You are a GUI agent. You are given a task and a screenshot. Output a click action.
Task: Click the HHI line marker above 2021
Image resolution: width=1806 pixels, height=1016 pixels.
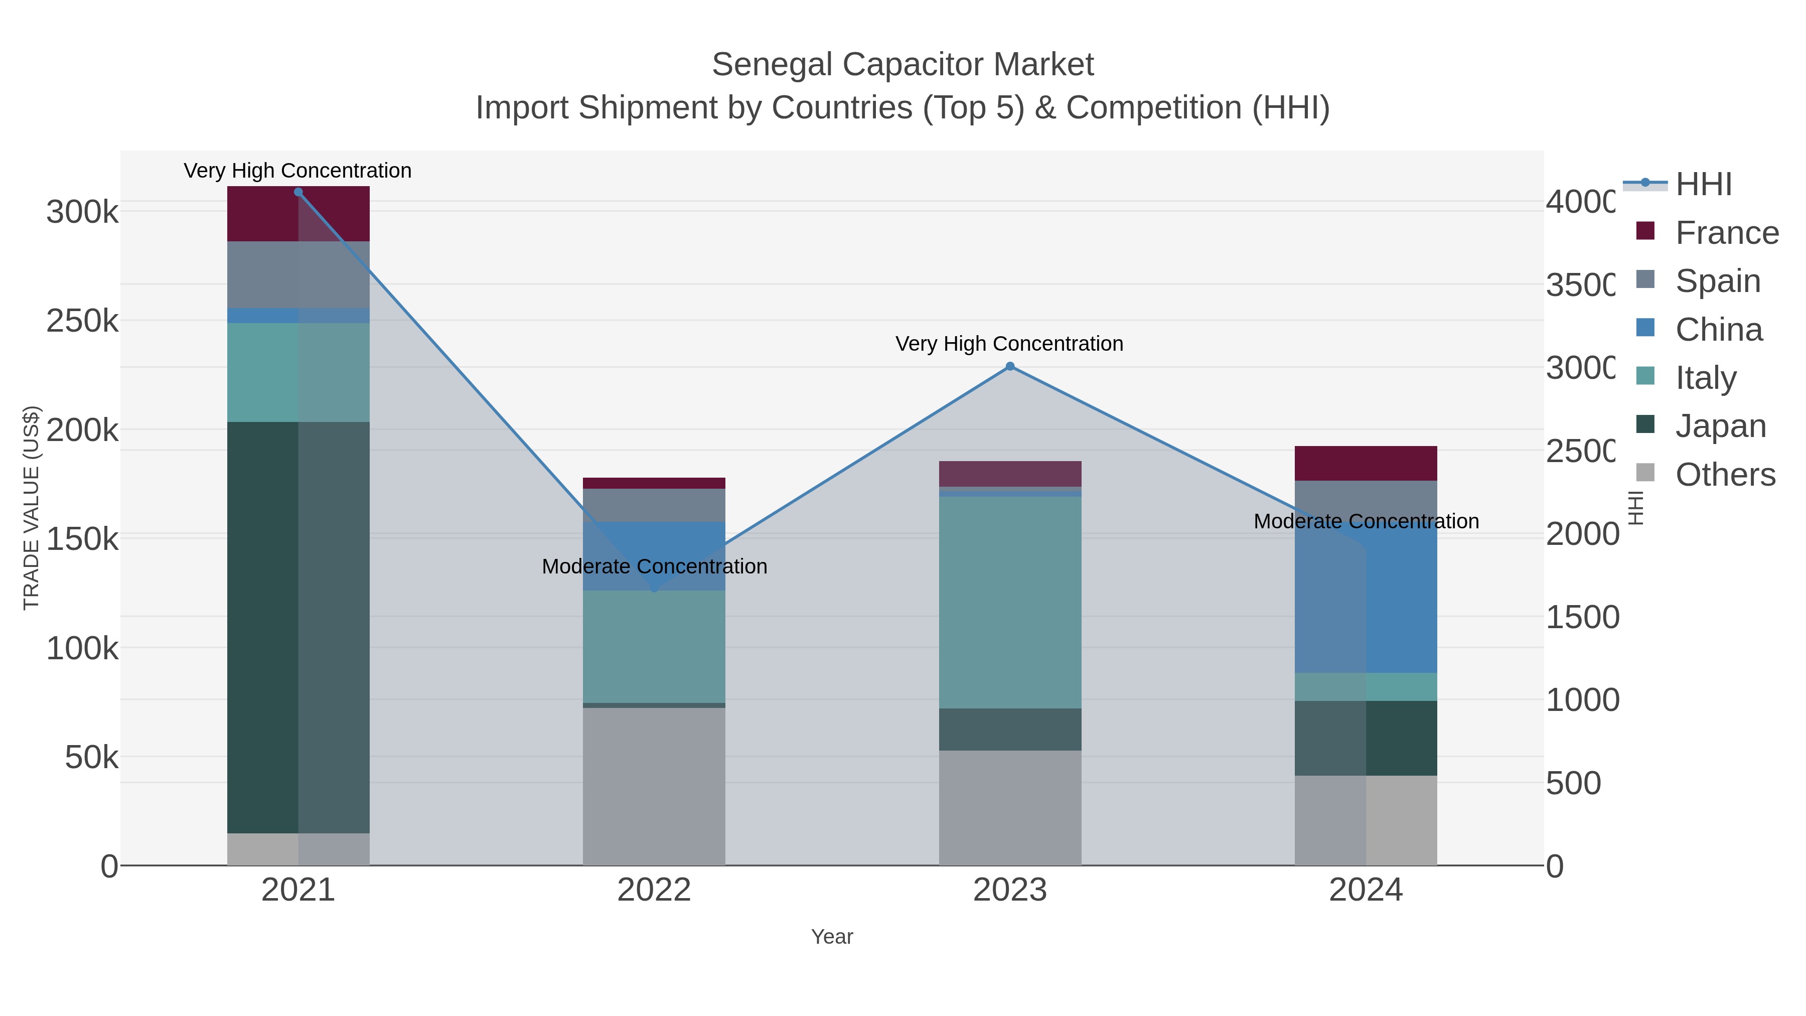tap(298, 192)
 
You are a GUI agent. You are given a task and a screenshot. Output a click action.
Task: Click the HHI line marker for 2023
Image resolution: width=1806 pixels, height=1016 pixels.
tap(1009, 366)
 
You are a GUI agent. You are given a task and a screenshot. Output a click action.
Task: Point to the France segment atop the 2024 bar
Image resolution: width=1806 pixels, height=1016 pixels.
tap(1366, 463)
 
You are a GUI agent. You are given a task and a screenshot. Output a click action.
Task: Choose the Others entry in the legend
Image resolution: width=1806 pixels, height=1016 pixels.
tap(1725, 475)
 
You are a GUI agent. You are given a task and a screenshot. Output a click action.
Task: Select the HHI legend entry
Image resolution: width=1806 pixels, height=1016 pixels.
tap(1704, 185)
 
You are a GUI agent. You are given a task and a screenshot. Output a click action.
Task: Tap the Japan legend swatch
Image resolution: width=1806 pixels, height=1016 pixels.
tap(1645, 425)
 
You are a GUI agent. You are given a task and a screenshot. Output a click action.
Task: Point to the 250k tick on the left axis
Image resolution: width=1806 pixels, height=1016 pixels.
tap(82, 321)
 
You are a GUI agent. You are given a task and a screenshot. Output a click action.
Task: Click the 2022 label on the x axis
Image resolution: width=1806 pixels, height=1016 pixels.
tap(653, 891)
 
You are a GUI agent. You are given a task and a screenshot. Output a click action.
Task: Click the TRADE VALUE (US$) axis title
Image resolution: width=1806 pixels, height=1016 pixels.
tap(32, 508)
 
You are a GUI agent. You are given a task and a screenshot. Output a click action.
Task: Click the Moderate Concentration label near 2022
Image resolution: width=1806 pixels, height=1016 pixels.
tap(654, 566)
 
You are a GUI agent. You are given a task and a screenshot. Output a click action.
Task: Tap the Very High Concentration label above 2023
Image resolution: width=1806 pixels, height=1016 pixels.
tap(1009, 344)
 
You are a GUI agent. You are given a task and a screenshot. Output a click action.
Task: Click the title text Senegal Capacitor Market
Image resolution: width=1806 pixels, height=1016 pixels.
tap(902, 65)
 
